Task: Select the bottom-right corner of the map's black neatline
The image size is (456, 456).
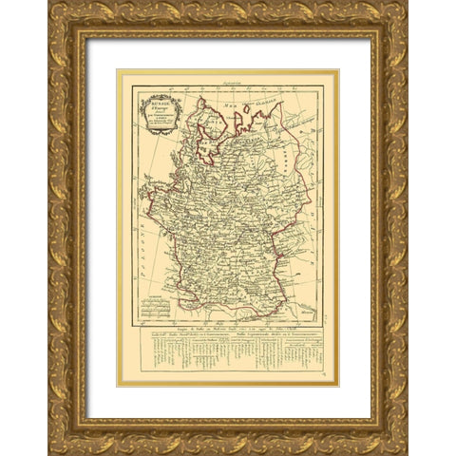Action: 323,323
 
